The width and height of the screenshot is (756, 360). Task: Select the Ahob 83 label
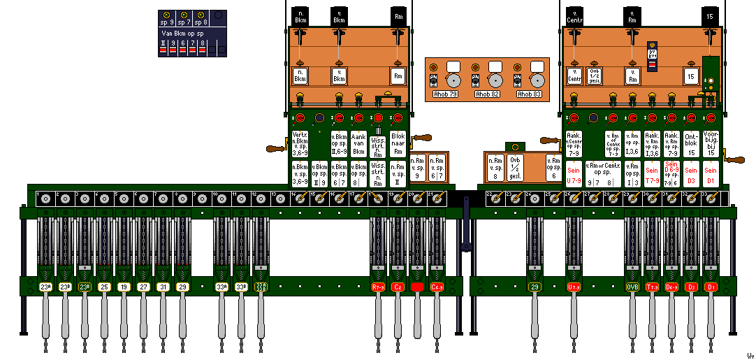coord(529,94)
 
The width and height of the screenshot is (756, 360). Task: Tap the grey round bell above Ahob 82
coord(495,80)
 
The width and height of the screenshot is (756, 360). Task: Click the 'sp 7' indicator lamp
coord(183,15)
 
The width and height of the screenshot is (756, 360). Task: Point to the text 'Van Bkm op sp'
coord(182,34)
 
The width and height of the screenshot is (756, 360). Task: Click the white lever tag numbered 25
coord(104,287)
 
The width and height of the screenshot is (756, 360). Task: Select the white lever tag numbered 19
coord(124,287)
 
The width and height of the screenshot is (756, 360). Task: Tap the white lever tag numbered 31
coord(163,287)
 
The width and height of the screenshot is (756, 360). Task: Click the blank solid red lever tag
coord(417,287)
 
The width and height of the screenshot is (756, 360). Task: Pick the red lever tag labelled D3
coord(691,287)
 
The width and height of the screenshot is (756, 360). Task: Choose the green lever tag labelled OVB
coord(632,287)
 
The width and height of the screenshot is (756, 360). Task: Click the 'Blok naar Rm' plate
coord(398,144)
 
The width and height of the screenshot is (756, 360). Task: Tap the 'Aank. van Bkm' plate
coord(358,144)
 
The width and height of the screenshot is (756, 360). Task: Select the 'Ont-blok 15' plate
coord(691,144)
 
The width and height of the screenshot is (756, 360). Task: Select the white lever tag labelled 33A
coord(221,287)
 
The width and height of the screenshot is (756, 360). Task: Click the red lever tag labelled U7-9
coord(574,287)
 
